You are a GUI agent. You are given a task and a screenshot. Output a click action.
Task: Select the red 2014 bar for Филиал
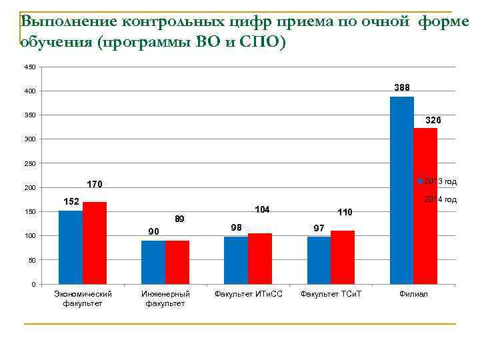coord(425,206)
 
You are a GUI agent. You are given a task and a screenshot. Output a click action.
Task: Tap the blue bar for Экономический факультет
coord(71,247)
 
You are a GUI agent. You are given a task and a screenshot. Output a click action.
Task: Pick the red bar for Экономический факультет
coord(95,243)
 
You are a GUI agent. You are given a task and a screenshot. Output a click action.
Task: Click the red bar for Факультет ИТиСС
coord(260,259)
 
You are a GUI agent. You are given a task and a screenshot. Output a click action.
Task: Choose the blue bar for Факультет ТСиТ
coord(319,261)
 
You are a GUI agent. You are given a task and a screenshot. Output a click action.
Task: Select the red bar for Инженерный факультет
coord(177,263)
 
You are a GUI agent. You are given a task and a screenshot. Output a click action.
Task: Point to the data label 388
coord(402,87)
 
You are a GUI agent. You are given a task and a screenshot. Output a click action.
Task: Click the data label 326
coord(433,120)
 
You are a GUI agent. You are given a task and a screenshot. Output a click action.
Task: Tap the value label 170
coord(95,184)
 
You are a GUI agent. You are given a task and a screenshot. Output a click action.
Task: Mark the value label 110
coord(345,212)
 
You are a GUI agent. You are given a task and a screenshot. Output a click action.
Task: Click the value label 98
coord(235,228)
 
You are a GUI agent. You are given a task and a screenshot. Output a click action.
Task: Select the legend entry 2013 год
coord(440,181)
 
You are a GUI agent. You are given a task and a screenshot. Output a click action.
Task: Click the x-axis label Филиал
coord(413,294)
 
